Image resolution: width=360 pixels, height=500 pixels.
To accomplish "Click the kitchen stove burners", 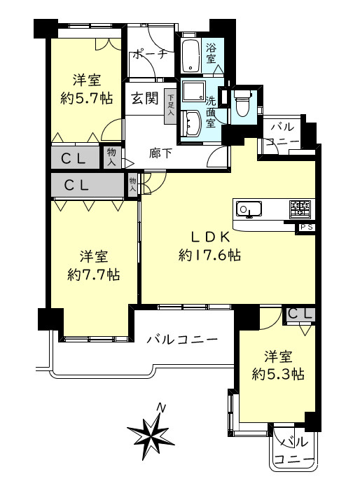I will click(x=300, y=207).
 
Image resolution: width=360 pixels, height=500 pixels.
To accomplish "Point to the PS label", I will click(x=305, y=227).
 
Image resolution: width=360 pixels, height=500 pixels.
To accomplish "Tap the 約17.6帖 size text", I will click(x=209, y=256).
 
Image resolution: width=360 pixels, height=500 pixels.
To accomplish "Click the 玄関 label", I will click(x=144, y=99).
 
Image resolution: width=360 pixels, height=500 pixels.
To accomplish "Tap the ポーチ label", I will click(x=150, y=55).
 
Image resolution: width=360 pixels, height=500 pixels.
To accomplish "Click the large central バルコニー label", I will click(x=182, y=340).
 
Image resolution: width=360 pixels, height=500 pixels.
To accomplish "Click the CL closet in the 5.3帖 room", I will click(x=300, y=314).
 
